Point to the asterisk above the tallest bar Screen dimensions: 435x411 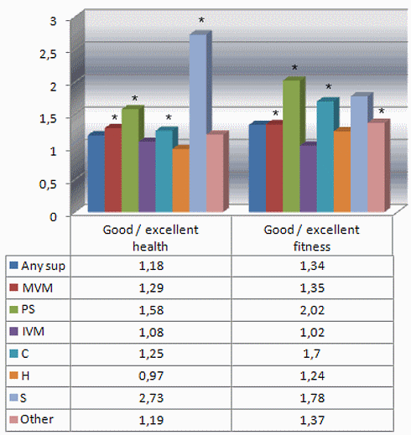(x=200, y=20)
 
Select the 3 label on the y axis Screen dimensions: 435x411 (x=61, y=20)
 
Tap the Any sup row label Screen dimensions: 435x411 (x=44, y=266)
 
